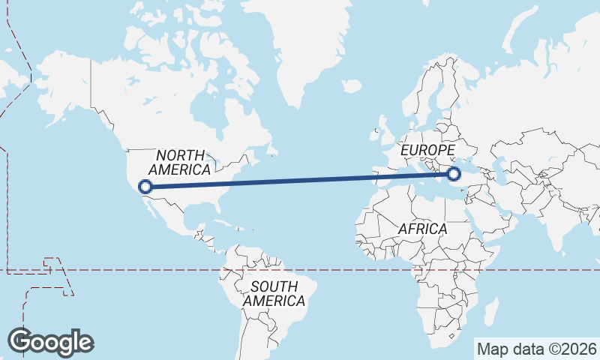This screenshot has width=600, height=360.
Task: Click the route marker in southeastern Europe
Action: tap(453, 175)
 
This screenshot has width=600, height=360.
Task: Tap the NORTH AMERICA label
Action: tap(183, 162)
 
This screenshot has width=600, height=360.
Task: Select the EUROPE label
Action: tap(427, 151)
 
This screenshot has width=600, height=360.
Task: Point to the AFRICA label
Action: tap(422, 228)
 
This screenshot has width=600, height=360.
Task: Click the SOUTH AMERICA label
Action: tap(274, 293)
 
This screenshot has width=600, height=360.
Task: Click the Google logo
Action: tap(50, 342)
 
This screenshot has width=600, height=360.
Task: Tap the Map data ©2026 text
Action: tap(536, 349)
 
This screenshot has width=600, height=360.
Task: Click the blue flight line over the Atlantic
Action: tap(300, 181)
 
